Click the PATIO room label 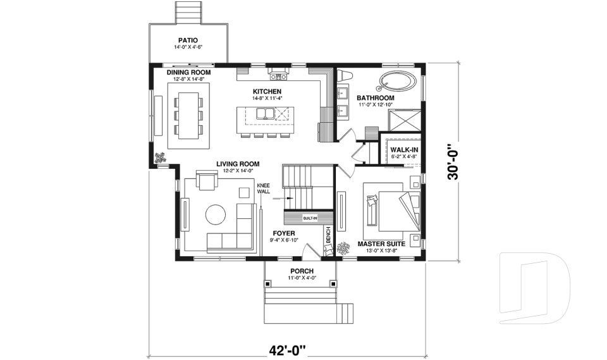(x=188, y=39)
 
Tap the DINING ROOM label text (x=188, y=73)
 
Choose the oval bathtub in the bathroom (x=398, y=82)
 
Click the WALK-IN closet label (x=403, y=149)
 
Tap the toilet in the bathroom (x=345, y=76)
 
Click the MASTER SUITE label (x=381, y=244)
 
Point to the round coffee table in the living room (x=215, y=214)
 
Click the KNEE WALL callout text (x=263, y=188)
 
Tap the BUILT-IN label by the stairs (x=310, y=218)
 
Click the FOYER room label (x=284, y=233)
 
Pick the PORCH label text (x=302, y=271)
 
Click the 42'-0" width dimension (x=286, y=349)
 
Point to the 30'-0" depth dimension (x=453, y=162)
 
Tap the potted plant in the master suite (x=344, y=249)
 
